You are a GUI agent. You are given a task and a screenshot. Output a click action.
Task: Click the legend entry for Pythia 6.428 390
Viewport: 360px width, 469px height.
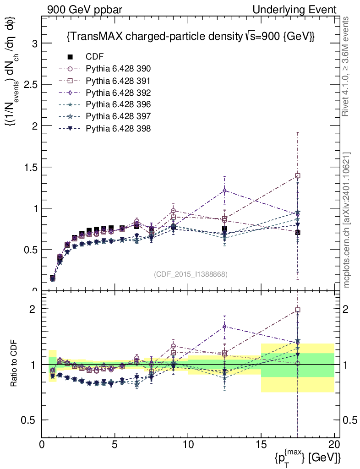[118, 69]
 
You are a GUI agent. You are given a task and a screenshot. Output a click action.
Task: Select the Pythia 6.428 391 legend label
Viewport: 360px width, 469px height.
[118, 81]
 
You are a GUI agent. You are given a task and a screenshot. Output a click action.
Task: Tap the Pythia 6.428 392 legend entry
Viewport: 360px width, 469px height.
[118, 93]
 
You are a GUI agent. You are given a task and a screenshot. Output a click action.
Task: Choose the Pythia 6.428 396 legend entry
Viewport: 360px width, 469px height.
[118, 104]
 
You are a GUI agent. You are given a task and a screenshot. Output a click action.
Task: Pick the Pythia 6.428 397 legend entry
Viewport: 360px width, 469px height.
[118, 116]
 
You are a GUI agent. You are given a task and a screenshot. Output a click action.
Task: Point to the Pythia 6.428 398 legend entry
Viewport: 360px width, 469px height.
[118, 128]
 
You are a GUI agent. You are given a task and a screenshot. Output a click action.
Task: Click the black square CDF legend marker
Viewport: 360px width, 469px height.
[70, 57]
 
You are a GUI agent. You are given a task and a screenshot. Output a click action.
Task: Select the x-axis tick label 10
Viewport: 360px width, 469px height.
[188, 444]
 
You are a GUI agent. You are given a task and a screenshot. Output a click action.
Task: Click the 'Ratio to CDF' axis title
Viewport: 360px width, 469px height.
[14, 364]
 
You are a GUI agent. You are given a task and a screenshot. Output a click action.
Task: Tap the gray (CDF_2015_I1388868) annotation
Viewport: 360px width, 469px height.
[191, 274]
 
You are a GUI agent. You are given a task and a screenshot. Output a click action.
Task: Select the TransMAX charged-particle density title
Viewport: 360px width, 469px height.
[191, 36]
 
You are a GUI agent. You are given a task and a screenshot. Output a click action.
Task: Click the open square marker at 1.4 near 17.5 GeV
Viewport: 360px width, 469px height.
[298, 175]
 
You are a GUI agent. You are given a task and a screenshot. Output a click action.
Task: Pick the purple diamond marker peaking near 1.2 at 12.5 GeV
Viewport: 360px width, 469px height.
[224, 190]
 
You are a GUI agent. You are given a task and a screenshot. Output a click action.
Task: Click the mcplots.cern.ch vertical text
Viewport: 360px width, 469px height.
[347, 220]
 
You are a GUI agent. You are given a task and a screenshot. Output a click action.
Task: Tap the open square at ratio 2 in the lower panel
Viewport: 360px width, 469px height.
[298, 310]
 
